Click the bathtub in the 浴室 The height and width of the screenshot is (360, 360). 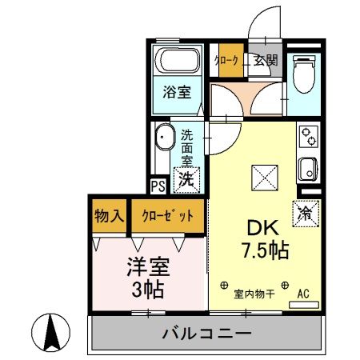pyautogui.click(x=178, y=60)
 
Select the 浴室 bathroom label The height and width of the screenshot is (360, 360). pyautogui.click(x=178, y=91)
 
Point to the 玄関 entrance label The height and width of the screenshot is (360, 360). pyautogui.click(x=266, y=58)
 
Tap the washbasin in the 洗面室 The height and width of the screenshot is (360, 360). pyautogui.click(x=165, y=138)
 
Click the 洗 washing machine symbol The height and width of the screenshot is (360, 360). pyautogui.click(x=186, y=179)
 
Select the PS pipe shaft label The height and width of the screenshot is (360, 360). pyautogui.click(x=158, y=186)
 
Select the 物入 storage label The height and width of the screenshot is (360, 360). pyautogui.click(x=109, y=215)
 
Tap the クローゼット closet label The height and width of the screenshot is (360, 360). pyautogui.click(x=168, y=215)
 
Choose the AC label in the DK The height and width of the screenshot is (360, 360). pyautogui.click(x=304, y=294)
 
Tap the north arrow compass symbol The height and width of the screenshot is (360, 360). pyautogui.click(x=50, y=330)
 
